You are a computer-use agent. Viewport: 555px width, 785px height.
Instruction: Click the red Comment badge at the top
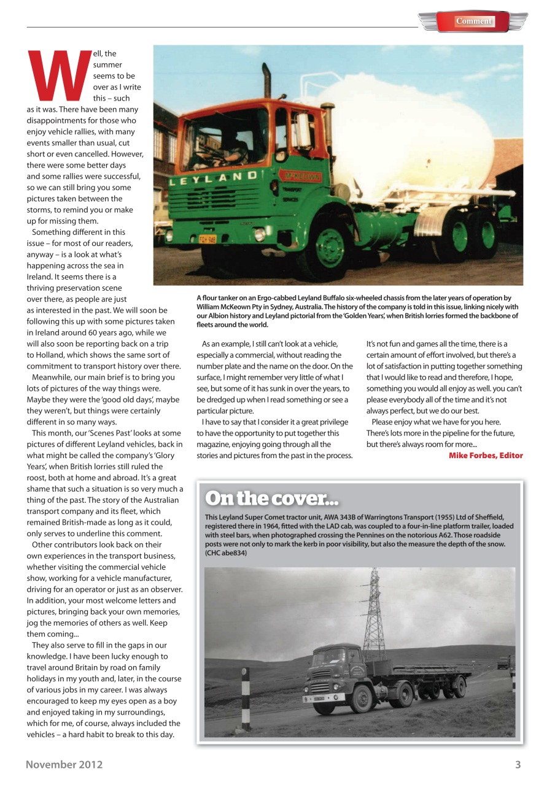(x=473, y=21)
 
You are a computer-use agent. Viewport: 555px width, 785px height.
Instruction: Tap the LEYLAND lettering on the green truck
(x=214, y=177)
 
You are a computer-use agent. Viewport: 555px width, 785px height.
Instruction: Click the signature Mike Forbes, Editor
(x=486, y=455)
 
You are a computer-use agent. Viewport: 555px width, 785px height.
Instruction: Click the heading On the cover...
(x=271, y=498)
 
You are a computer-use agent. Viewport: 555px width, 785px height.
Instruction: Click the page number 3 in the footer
(x=518, y=764)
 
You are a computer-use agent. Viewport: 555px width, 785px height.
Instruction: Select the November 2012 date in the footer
(x=64, y=764)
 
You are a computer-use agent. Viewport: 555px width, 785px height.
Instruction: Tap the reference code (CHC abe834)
(x=226, y=553)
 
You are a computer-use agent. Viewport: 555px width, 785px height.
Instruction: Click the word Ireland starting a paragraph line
(x=41, y=277)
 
